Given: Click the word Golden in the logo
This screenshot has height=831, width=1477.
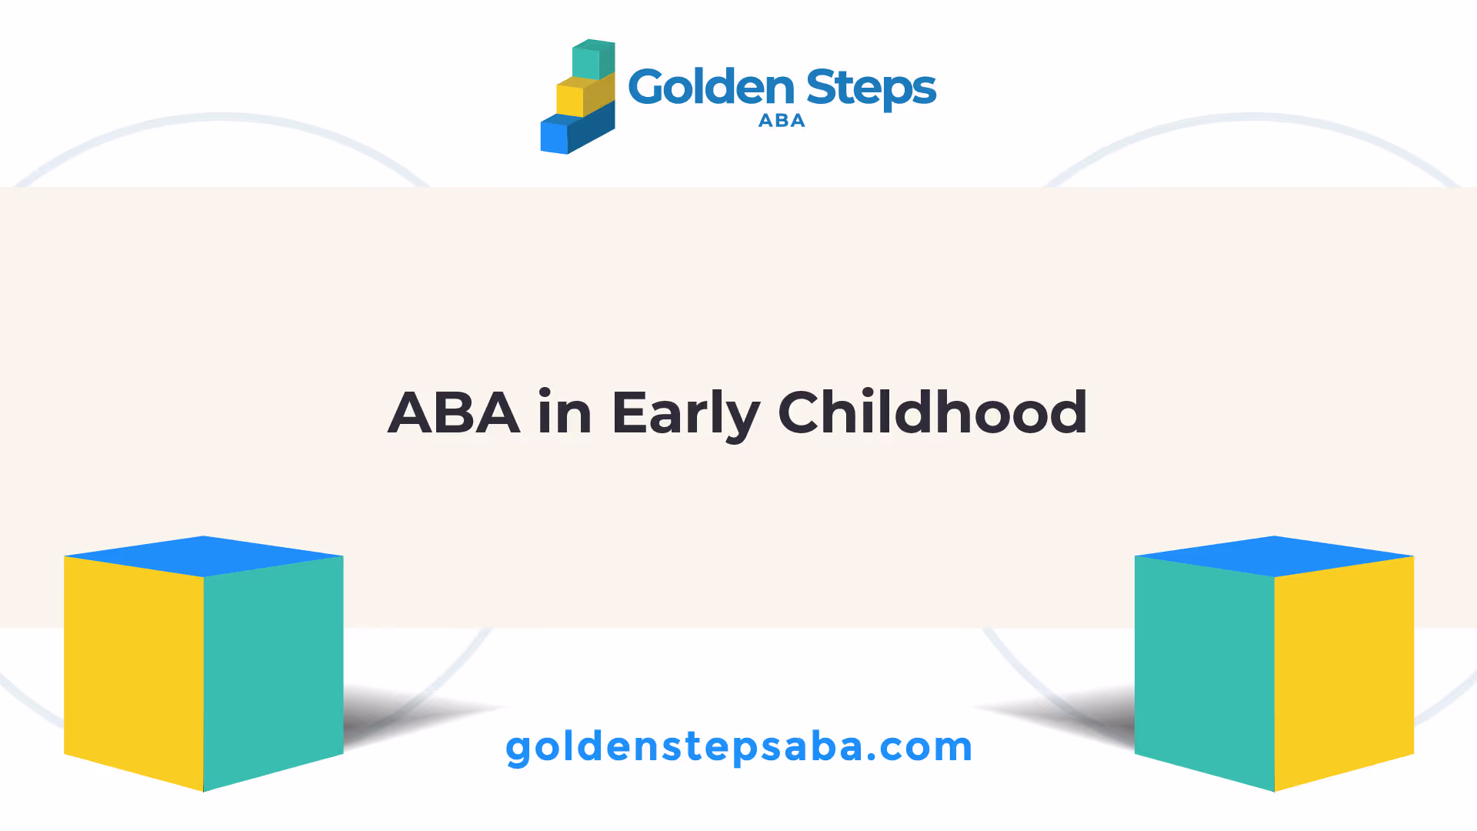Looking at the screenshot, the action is pyautogui.click(x=711, y=87).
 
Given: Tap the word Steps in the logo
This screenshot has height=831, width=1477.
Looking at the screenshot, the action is pyautogui.click(x=872, y=89).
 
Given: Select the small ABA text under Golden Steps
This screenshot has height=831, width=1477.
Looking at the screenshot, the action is pyautogui.click(x=782, y=121).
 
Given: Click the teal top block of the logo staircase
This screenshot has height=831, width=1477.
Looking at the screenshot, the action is pyautogui.click(x=594, y=59).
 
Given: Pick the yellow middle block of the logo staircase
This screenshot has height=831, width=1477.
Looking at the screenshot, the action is pyautogui.click(x=585, y=95).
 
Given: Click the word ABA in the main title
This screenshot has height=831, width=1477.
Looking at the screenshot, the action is pyautogui.click(x=454, y=413).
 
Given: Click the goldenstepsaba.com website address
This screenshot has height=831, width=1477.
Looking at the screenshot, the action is pyautogui.click(x=738, y=747).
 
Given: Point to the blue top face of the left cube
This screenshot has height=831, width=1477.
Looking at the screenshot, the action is pyautogui.click(x=204, y=556).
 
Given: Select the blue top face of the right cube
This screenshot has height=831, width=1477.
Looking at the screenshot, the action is pyautogui.click(x=1274, y=556).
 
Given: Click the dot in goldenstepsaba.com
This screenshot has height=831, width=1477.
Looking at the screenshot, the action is pyautogui.click(x=872, y=759).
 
